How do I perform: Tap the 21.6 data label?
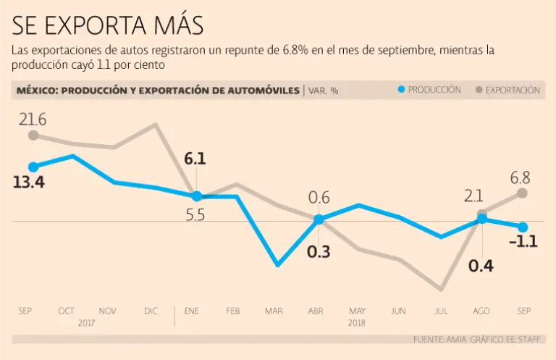coord(33,117)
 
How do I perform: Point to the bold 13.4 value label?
coord(29,183)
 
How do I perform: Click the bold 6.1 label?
coord(195,159)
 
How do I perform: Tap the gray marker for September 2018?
coord(523,193)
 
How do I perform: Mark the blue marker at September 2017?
coord(33,167)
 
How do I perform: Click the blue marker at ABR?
coord(319,219)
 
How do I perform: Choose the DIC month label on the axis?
coord(151,311)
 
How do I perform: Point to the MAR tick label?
coord(274,311)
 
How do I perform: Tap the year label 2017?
coord(87,322)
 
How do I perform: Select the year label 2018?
coord(357,322)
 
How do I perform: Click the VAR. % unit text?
coord(324,91)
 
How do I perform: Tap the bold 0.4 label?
coord(481,266)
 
